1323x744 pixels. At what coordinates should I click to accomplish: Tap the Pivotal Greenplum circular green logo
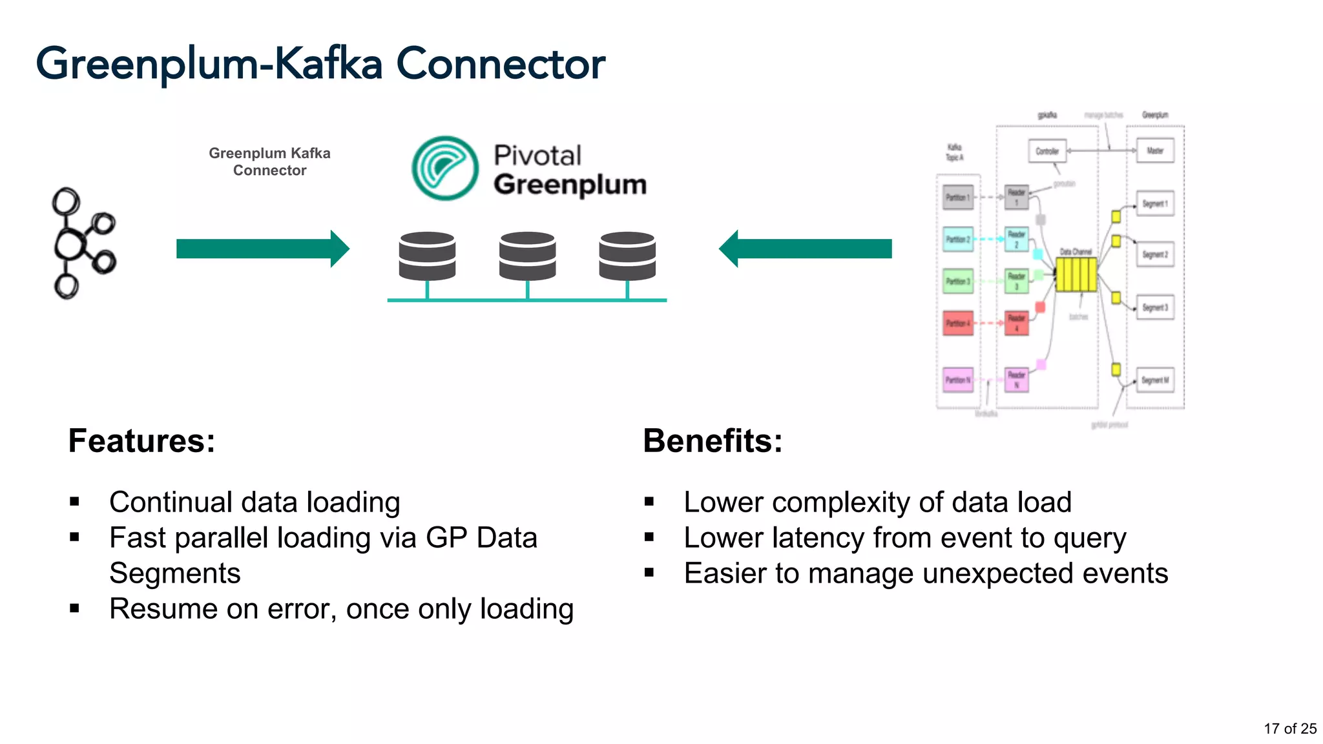tap(445, 168)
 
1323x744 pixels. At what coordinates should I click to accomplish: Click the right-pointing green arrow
tap(262, 249)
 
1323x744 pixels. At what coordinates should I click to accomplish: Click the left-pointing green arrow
tap(806, 249)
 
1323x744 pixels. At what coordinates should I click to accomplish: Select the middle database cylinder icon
tap(527, 256)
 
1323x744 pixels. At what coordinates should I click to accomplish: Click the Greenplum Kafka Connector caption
tap(269, 161)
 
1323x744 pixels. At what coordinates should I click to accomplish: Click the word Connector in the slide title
tap(501, 64)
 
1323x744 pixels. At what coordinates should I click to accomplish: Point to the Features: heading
tap(141, 441)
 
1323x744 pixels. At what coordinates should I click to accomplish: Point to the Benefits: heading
tap(713, 441)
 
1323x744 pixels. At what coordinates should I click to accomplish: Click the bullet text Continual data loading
tap(255, 502)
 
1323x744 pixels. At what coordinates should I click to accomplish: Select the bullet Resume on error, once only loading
tap(341, 609)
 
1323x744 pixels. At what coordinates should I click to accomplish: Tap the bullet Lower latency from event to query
tap(904, 538)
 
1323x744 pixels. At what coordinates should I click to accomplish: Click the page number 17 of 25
tap(1289, 728)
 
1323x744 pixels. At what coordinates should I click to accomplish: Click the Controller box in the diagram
tap(1047, 151)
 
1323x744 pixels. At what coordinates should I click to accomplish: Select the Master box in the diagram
tap(1155, 150)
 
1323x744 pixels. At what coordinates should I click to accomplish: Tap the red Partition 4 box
tap(958, 323)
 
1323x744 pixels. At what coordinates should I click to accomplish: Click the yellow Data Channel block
tap(1076, 274)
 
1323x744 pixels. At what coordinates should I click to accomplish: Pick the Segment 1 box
tap(1155, 203)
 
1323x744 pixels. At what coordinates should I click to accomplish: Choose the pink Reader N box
tap(1016, 380)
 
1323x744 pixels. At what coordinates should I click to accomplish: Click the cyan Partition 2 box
tap(958, 239)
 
